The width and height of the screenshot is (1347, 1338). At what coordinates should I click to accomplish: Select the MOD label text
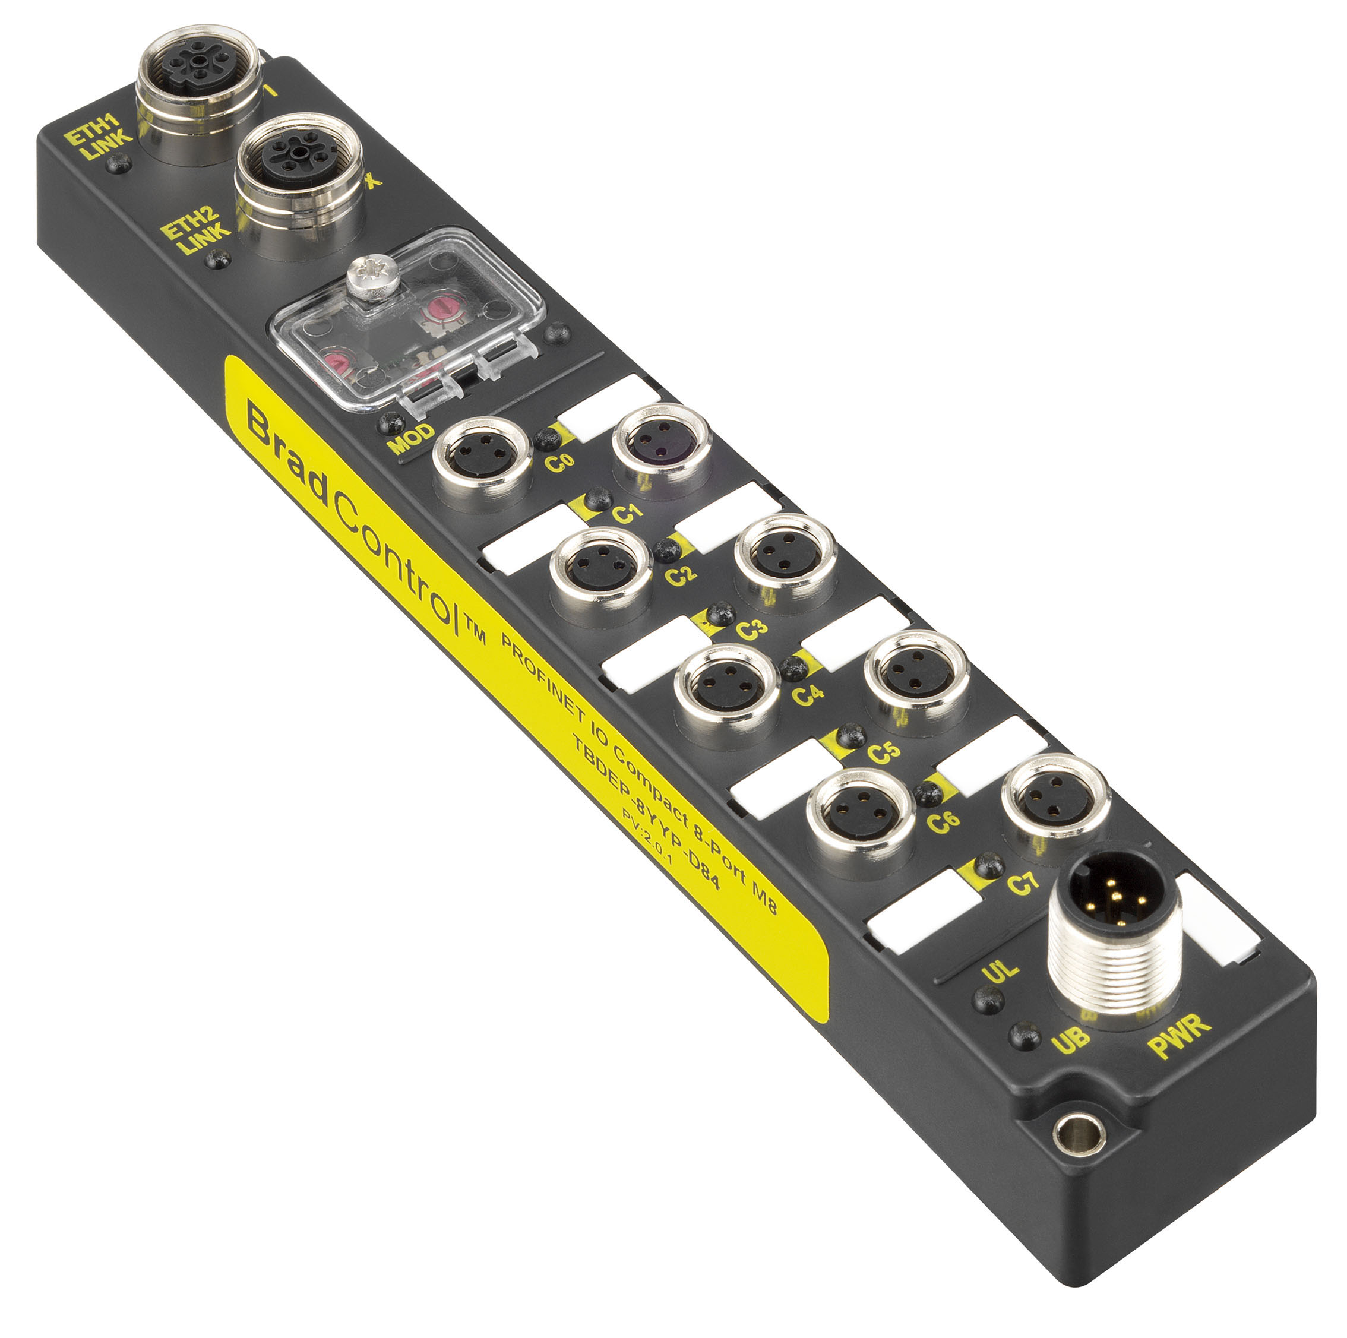click(x=412, y=438)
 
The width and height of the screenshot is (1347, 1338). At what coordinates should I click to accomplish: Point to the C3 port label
click(x=752, y=630)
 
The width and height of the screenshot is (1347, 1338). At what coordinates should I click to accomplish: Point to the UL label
click(x=1000, y=970)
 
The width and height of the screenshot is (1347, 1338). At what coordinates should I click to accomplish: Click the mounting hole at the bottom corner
click(x=1079, y=1134)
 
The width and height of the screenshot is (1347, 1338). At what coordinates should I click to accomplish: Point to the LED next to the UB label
click(x=1024, y=1035)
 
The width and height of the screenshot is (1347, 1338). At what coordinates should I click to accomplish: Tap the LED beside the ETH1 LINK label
click(x=120, y=163)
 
